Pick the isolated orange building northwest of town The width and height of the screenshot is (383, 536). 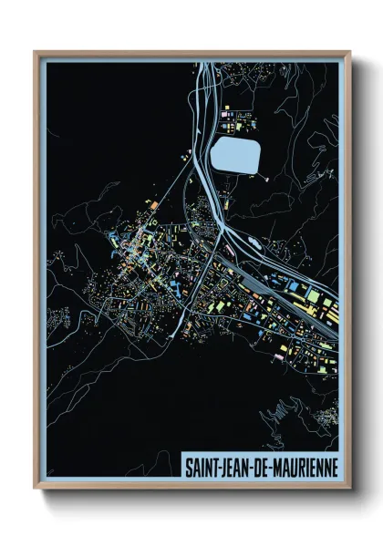point(155,206)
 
